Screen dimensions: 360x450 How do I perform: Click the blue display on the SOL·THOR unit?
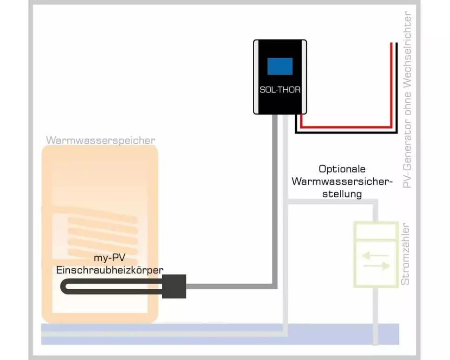tap(280, 67)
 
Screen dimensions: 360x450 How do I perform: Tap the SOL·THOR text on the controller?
tap(280, 90)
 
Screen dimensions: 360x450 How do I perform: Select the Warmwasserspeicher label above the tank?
tap(100, 140)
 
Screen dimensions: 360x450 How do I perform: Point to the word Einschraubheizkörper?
tap(109, 270)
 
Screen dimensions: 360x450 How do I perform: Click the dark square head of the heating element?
tap(174, 286)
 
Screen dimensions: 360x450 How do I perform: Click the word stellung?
tap(342, 193)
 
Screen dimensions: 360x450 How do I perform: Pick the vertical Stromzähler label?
tap(405, 253)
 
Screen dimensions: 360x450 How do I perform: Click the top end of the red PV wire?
tap(391, 44)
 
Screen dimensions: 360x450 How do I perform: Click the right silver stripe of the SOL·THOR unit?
tap(303, 77)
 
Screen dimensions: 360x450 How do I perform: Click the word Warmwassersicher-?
tap(342, 181)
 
